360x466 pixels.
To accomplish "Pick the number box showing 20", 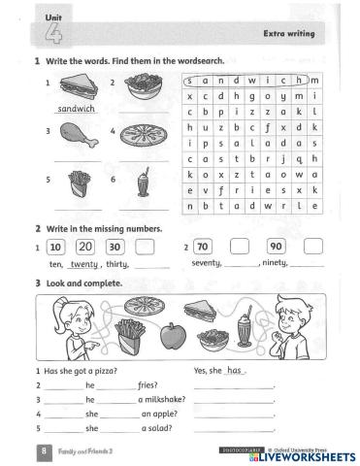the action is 85,246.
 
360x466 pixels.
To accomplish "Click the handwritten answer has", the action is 234,371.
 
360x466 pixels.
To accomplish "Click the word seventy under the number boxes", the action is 206,263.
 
